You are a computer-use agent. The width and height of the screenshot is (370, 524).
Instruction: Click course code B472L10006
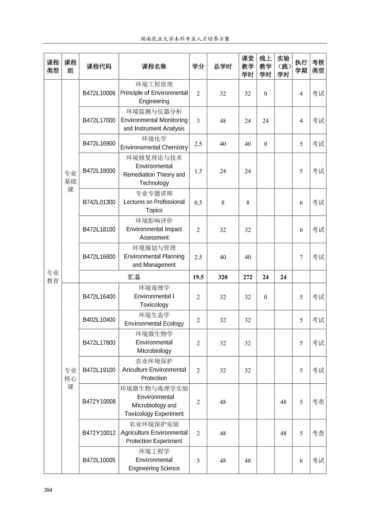tap(99, 93)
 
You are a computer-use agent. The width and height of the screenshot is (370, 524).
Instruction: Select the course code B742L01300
tap(99, 202)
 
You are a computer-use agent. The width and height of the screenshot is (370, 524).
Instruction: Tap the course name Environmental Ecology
tap(154, 323)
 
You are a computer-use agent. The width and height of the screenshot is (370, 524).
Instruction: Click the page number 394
tap(48, 490)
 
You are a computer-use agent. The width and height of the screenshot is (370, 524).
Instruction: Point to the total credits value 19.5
tap(198, 277)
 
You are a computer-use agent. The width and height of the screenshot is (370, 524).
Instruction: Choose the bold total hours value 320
tap(223, 277)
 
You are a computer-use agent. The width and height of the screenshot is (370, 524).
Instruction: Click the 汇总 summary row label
tap(134, 277)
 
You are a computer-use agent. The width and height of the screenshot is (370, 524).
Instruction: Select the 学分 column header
tap(198, 67)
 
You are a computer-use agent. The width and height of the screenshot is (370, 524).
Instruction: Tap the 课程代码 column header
tap(99, 67)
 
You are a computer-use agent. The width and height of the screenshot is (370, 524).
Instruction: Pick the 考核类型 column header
tap(318, 67)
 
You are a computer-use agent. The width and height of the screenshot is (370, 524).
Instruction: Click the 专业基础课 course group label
tap(70, 181)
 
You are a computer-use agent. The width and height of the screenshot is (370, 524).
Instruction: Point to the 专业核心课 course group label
tap(70, 379)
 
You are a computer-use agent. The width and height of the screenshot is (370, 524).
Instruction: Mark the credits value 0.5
tap(198, 202)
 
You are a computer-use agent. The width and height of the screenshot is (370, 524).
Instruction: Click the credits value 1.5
tap(198, 171)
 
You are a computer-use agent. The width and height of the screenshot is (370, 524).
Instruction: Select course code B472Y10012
tap(99, 433)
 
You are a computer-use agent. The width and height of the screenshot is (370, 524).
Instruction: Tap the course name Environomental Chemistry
tap(154, 147)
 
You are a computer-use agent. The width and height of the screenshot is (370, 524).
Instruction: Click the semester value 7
tap(301, 257)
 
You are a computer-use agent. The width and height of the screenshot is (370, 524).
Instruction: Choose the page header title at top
tap(185, 39)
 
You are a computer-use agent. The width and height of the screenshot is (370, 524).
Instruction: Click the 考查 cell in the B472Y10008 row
tap(318, 402)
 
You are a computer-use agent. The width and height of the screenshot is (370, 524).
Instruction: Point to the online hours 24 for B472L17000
tap(265, 121)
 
